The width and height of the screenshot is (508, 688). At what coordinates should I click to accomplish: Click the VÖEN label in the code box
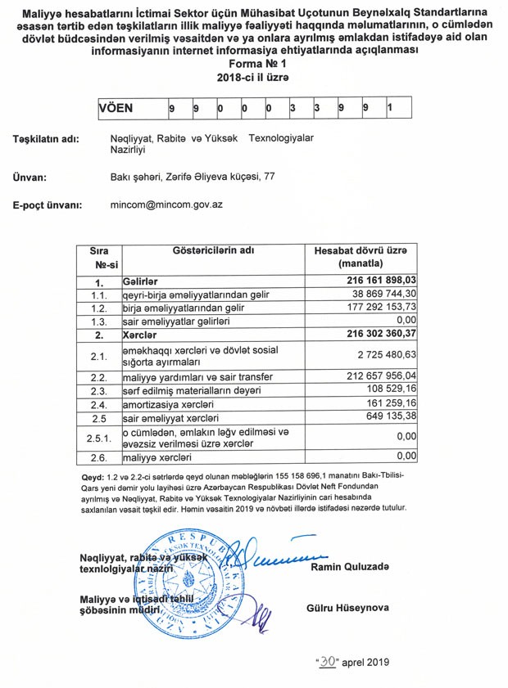click(x=116, y=107)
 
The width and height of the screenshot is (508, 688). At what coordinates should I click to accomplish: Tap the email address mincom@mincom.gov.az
click(x=166, y=205)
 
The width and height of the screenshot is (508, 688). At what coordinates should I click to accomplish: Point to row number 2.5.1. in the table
click(x=98, y=437)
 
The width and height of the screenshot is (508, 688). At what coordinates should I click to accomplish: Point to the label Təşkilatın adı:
click(x=46, y=140)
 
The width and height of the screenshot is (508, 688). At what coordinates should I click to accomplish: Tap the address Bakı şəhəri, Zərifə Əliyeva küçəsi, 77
click(x=193, y=176)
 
